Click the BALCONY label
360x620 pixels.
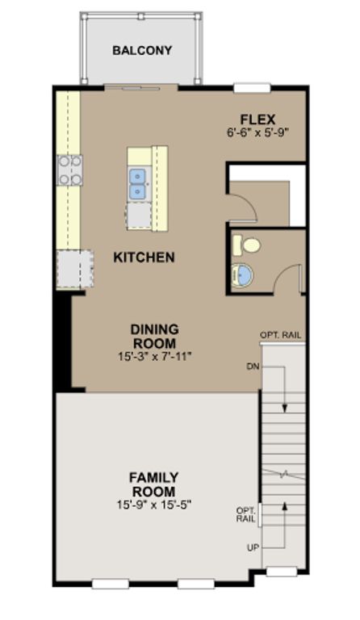(x=142, y=51)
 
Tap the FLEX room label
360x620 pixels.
(x=257, y=119)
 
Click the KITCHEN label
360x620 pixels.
(x=144, y=258)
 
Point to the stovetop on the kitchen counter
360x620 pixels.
(x=70, y=170)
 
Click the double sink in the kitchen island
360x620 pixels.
(x=138, y=183)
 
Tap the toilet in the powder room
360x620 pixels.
(x=246, y=245)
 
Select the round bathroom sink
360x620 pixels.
(x=241, y=274)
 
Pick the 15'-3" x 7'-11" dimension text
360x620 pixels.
(x=154, y=356)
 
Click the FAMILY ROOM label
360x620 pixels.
(x=153, y=484)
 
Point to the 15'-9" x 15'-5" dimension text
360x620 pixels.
(x=154, y=505)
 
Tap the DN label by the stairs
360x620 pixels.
(x=253, y=367)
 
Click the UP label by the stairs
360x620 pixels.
(x=253, y=548)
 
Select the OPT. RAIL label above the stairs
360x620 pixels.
(x=280, y=335)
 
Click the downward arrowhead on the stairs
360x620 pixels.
(x=284, y=408)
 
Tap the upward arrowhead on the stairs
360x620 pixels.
(x=284, y=505)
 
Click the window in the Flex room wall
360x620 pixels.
(x=252, y=88)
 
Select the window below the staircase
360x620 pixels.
(x=282, y=572)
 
